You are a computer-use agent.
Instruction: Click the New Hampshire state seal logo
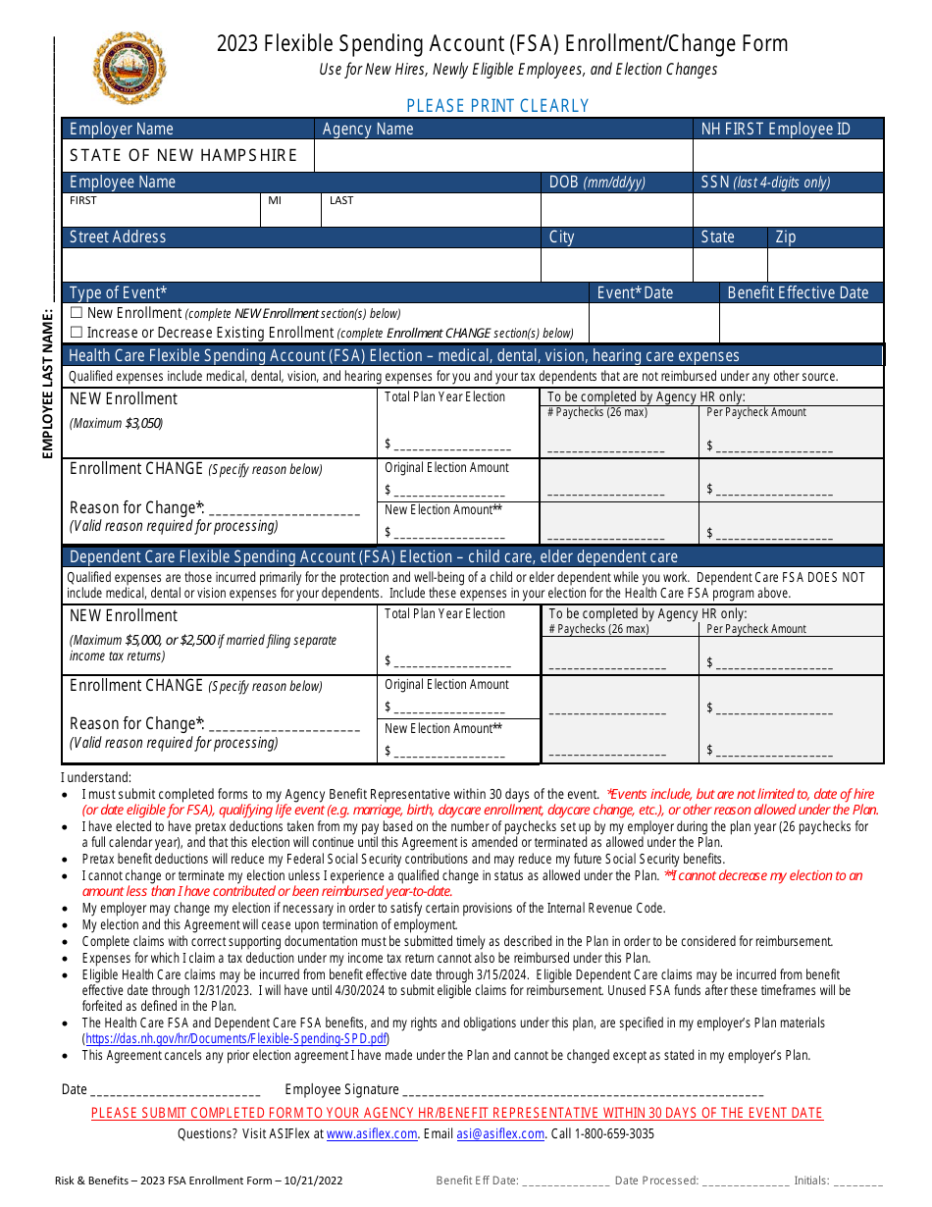tap(129, 68)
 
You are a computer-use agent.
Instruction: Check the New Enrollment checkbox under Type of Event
tap(77, 313)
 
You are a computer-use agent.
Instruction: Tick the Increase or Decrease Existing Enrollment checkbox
tap(77, 333)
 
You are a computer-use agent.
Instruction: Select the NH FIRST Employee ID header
tap(775, 130)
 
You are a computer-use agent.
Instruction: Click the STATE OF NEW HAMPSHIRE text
tap(183, 155)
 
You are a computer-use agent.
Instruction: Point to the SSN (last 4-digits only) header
tap(765, 183)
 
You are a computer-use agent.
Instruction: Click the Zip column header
tap(786, 237)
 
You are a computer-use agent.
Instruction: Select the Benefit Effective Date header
tap(798, 292)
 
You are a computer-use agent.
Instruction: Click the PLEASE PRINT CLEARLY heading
tap(497, 106)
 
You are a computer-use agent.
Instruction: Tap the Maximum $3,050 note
tap(116, 423)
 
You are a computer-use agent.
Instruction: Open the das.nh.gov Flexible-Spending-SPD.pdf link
tap(235, 1038)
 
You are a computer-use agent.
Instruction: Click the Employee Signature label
tap(341, 1089)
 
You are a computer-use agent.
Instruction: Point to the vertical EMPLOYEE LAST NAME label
tap(46, 383)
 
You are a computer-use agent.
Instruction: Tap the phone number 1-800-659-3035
tap(614, 1133)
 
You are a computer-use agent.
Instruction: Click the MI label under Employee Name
tap(275, 200)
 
